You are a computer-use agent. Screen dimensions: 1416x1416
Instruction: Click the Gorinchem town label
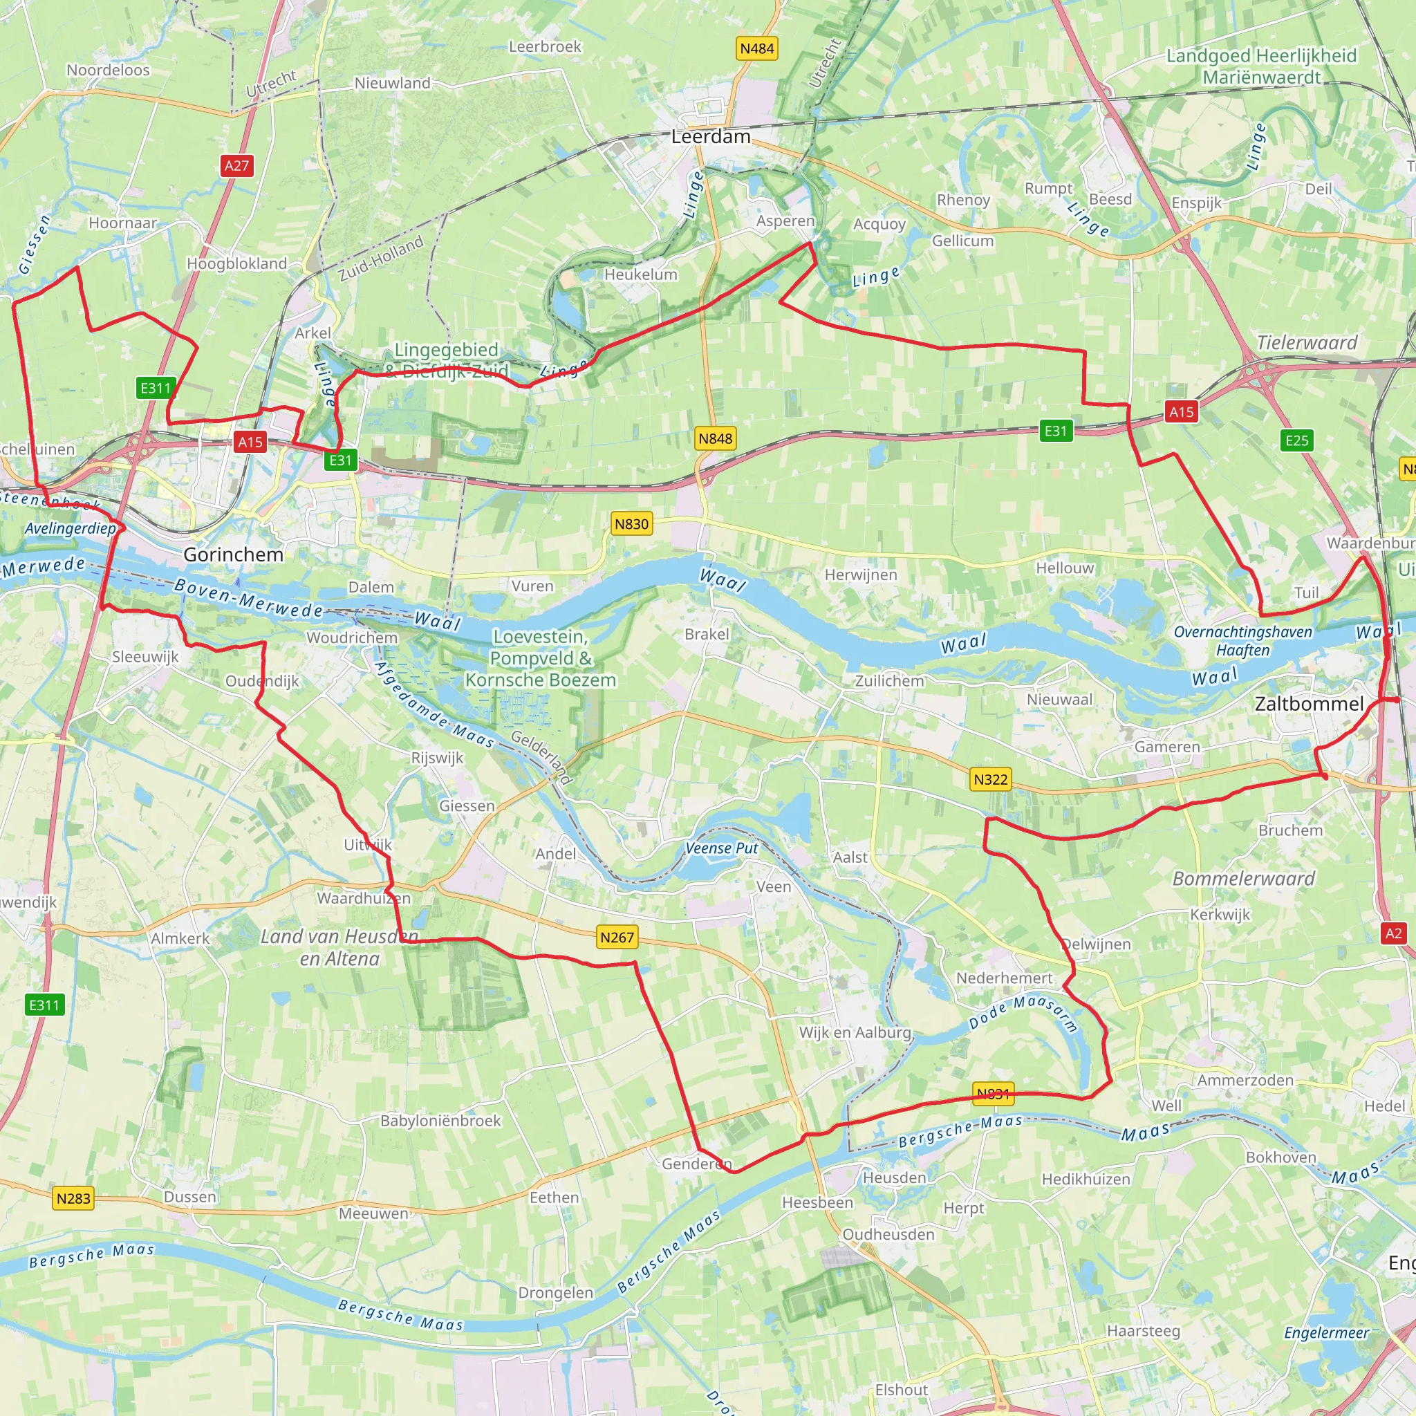233,554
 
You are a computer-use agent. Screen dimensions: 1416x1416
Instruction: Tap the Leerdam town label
710,136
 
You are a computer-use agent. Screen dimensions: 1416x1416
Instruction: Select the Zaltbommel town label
1309,704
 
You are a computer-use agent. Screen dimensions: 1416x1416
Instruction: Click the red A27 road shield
236,166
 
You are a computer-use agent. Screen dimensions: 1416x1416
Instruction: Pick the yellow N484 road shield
756,48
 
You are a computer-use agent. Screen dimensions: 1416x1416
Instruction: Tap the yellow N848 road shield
715,438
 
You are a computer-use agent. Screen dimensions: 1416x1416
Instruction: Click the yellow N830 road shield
631,523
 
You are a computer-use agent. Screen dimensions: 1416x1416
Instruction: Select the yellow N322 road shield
990,779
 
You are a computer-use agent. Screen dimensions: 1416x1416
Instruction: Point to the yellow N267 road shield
616,937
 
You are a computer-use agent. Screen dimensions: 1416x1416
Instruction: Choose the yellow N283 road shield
73,1198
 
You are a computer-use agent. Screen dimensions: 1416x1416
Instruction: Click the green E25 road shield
1296,440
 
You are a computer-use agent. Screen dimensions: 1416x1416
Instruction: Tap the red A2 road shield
1393,933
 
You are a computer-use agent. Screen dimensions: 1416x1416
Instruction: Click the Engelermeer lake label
1327,1332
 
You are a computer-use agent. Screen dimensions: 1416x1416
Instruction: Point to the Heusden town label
894,1177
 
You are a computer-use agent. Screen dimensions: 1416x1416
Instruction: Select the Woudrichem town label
352,637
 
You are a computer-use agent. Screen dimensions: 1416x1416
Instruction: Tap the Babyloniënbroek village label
440,1120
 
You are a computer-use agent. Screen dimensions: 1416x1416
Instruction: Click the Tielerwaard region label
1307,342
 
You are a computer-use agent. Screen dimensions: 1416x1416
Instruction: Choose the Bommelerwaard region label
1244,878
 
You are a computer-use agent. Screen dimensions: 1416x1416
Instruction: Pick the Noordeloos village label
108,70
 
